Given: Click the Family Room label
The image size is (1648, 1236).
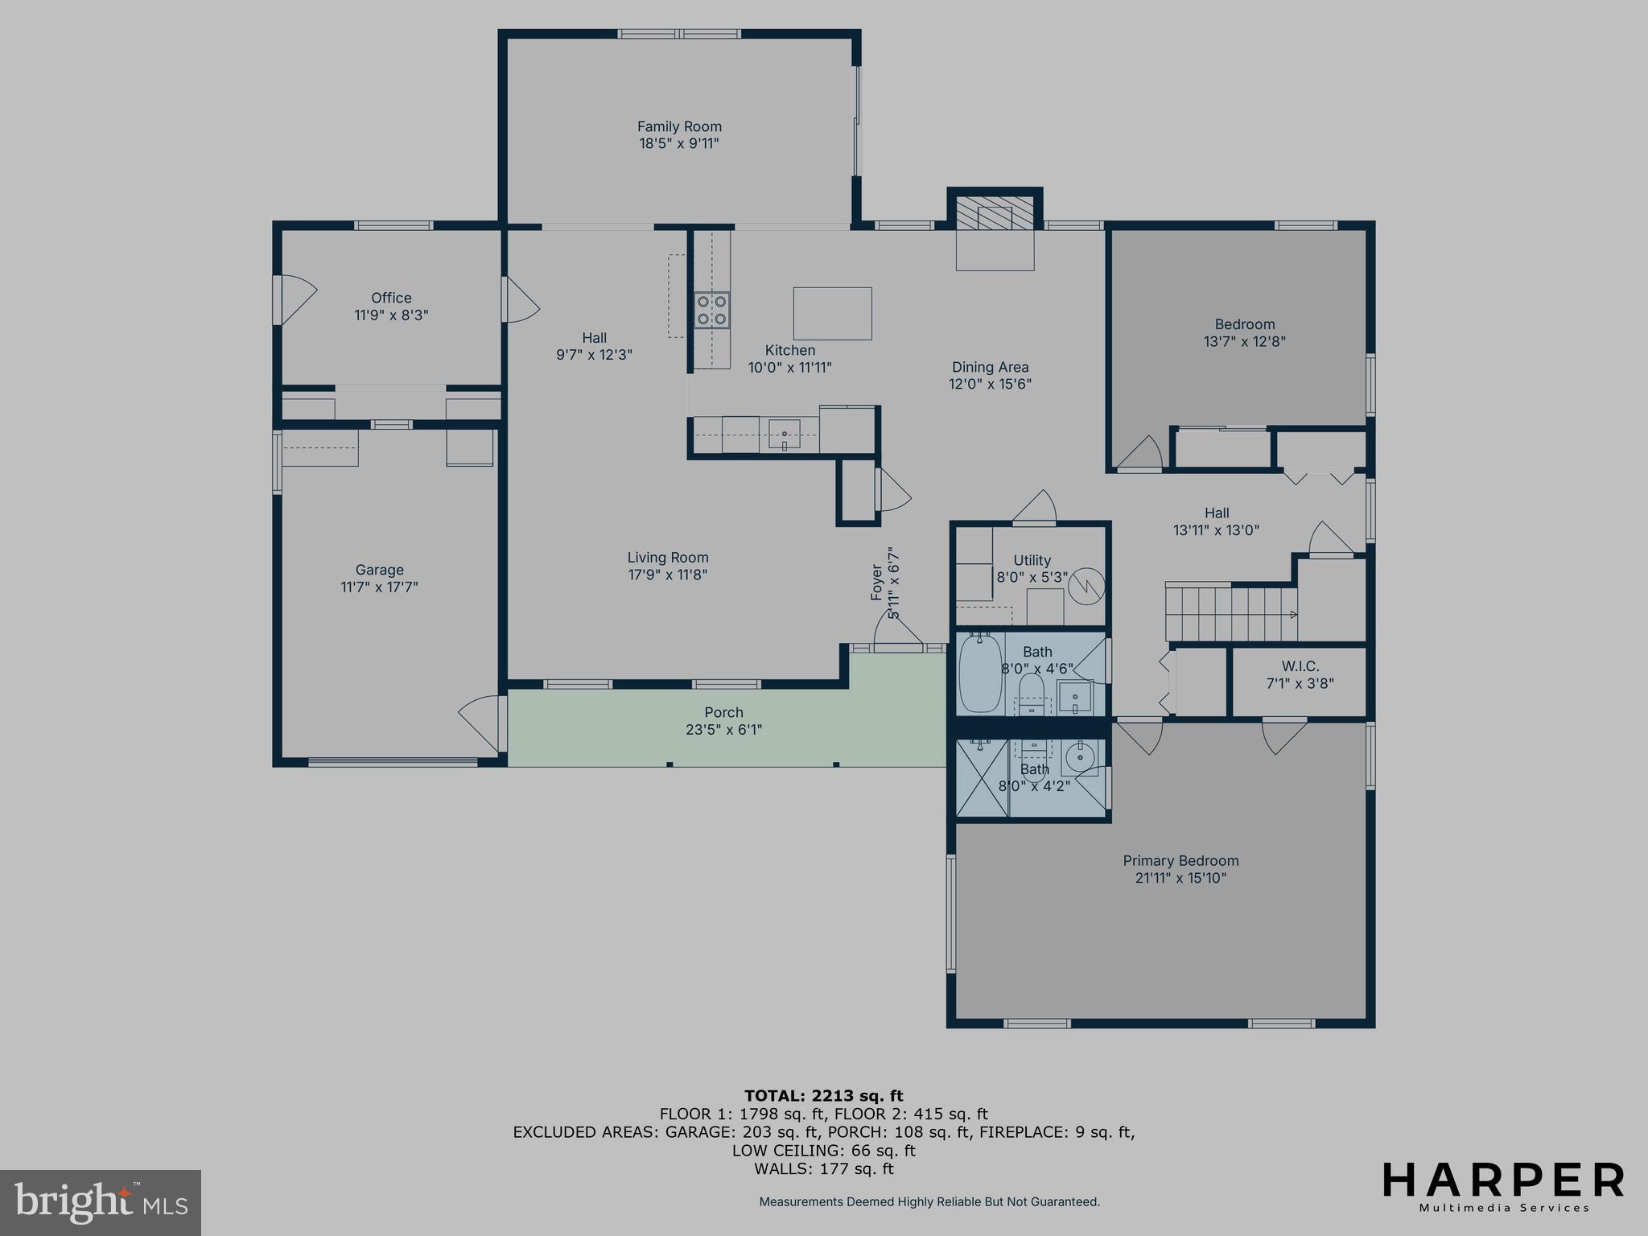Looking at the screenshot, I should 679,126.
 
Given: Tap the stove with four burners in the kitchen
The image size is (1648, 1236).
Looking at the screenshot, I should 713,310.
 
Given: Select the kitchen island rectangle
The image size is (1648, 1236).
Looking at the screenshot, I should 832,313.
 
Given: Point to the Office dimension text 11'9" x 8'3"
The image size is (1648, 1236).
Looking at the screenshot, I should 391,315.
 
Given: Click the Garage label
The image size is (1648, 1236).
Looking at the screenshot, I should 379,570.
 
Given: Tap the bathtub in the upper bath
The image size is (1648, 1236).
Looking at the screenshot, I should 979,674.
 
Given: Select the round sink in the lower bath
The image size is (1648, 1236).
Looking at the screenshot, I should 1077,757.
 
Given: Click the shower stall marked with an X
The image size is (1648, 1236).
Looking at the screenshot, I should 982,778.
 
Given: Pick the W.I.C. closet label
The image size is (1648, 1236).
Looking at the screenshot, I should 1300,666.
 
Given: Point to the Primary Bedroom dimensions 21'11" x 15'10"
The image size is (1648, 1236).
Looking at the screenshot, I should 1180,878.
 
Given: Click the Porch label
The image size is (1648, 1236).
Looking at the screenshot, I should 723,712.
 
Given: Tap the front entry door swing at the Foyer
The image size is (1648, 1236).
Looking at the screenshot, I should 896,633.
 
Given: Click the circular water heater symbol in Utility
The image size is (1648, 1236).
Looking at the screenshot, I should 1087,585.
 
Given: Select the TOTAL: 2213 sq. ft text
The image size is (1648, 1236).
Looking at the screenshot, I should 823,1095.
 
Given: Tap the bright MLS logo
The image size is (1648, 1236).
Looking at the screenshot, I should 101,1202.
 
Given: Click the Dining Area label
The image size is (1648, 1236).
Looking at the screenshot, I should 990,367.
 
